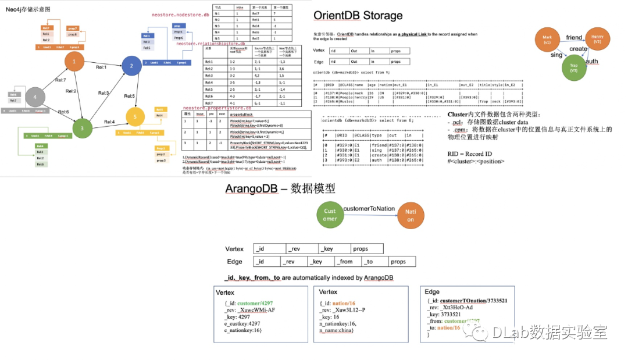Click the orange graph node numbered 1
coord(74,62)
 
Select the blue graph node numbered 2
coord(131,66)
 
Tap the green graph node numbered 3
coord(82,128)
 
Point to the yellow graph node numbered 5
coord(135,117)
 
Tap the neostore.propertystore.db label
coord(217,108)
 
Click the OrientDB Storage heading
coord(358,16)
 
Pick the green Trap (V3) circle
coord(573,67)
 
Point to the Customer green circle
coord(330,215)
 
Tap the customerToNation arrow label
coord(369,208)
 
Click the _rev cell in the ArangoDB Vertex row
coord(302,249)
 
